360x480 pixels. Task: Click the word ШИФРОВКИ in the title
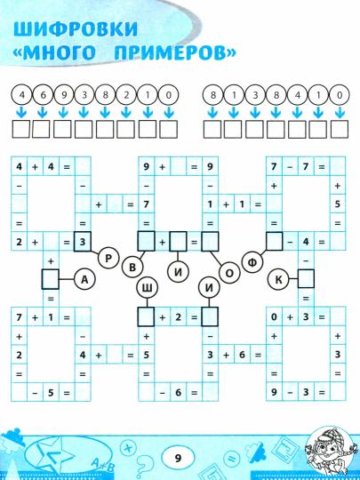pyautogui.click(x=76, y=30)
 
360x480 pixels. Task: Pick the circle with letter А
pyautogui.click(x=84, y=279)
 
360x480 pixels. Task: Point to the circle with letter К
pyautogui.click(x=278, y=279)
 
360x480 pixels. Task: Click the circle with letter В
pyautogui.click(x=132, y=267)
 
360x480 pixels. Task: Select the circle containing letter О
pyautogui.click(x=229, y=274)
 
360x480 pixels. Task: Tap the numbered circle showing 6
pyautogui.click(x=43, y=95)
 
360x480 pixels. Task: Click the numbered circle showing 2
pyautogui.click(x=126, y=95)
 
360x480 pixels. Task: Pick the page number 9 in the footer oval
pyautogui.click(x=178, y=459)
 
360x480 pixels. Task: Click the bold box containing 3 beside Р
pyautogui.click(x=83, y=242)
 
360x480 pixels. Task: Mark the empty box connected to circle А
pyautogui.click(x=50, y=279)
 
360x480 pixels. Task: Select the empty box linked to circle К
pyautogui.click(x=306, y=278)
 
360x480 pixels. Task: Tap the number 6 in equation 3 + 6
pyautogui.click(x=242, y=355)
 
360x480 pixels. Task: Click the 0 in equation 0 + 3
pyautogui.click(x=274, y=316)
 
